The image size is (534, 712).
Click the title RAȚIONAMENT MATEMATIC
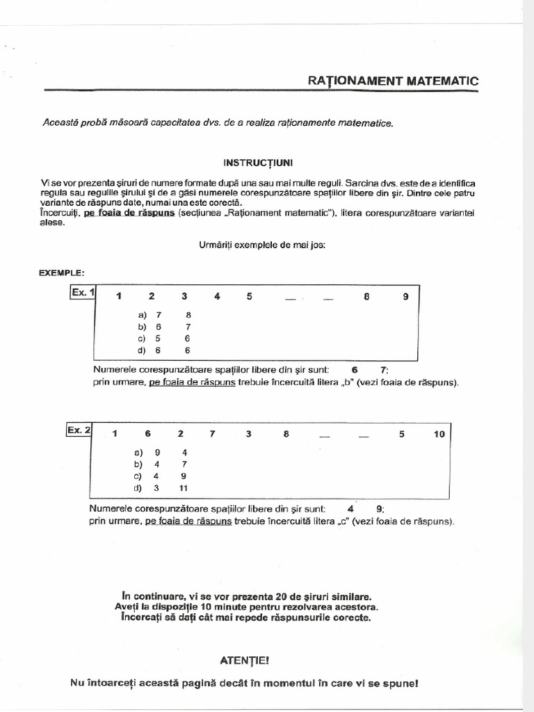393,81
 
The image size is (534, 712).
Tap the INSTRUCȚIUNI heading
258,162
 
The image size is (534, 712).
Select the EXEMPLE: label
62,273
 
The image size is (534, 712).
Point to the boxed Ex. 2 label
79,430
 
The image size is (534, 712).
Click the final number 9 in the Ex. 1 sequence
406,297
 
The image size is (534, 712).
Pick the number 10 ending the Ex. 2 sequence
439,434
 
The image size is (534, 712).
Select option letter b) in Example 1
142,326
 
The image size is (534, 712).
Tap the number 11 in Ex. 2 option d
184,488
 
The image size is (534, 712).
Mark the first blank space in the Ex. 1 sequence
291,299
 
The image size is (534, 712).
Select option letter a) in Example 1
142,314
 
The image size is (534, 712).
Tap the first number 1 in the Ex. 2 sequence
113,434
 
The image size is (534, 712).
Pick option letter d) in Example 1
142,350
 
